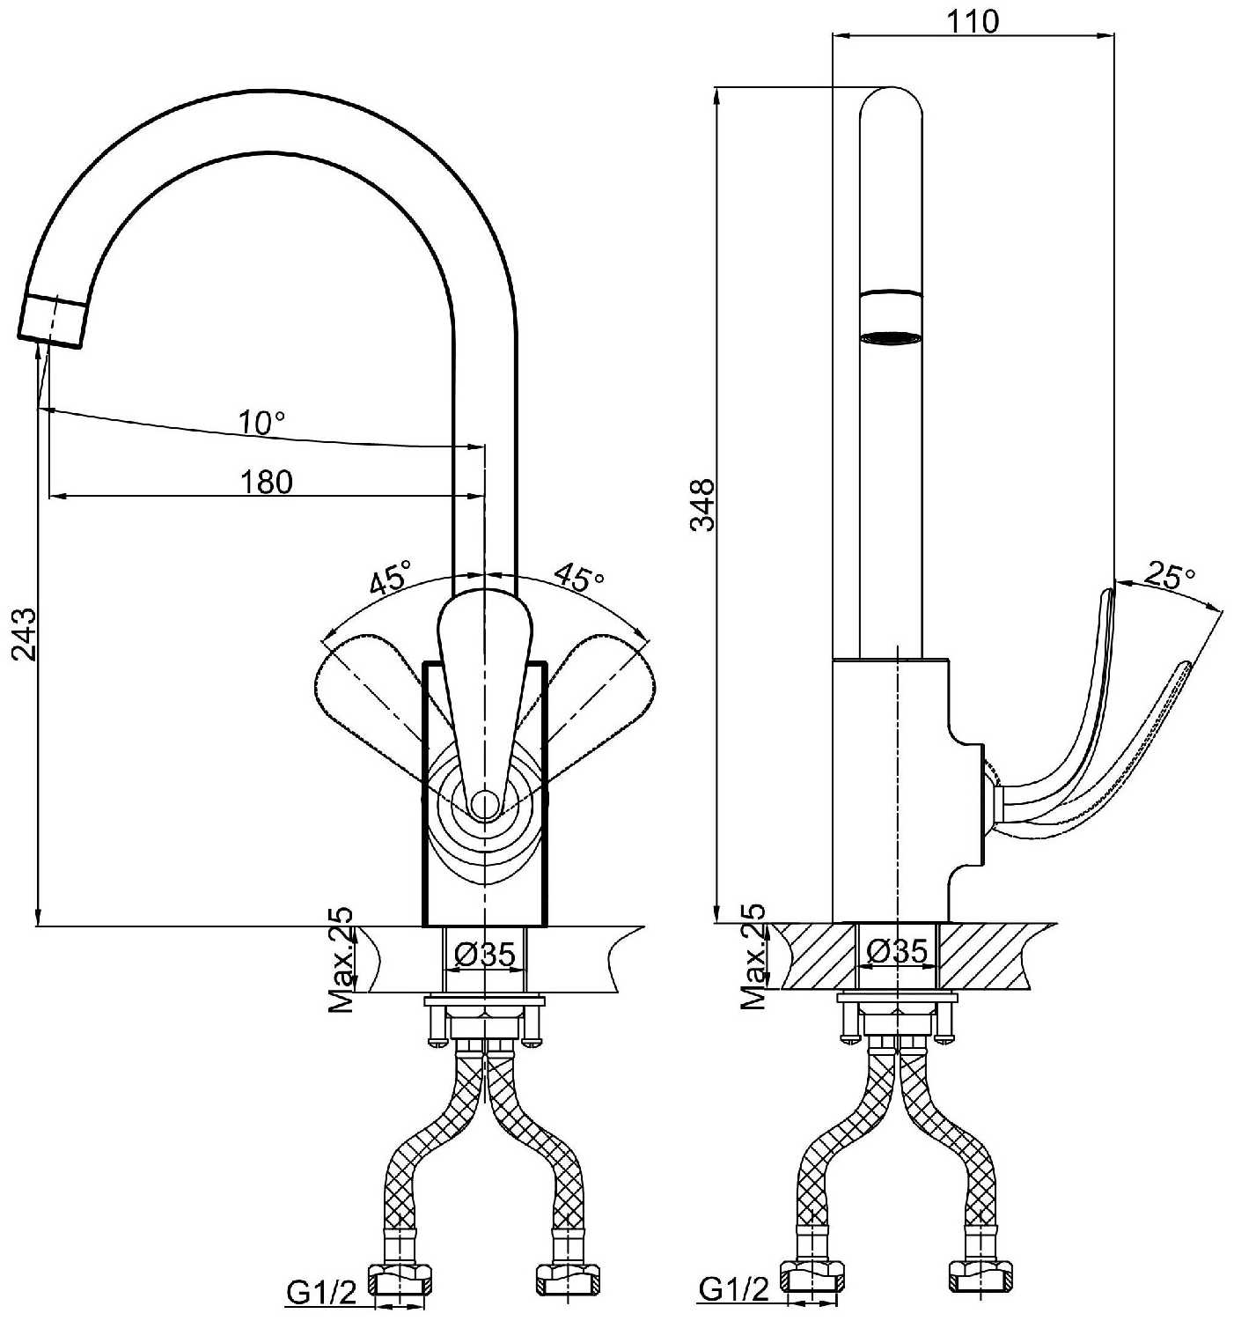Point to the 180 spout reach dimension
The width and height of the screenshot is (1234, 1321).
266,482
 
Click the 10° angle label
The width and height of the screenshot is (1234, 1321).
261,424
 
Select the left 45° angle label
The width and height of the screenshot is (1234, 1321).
389,578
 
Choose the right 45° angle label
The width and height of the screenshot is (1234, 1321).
579,578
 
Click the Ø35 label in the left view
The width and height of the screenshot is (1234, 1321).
484,953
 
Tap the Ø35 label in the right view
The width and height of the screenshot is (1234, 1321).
897,951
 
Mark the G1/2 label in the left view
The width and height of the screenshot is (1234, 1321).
321,1292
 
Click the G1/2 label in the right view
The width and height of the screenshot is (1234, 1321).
733,1288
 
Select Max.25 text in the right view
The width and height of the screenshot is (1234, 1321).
753,956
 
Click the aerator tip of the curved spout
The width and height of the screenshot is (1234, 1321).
53,322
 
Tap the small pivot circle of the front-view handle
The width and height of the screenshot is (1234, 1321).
483,803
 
